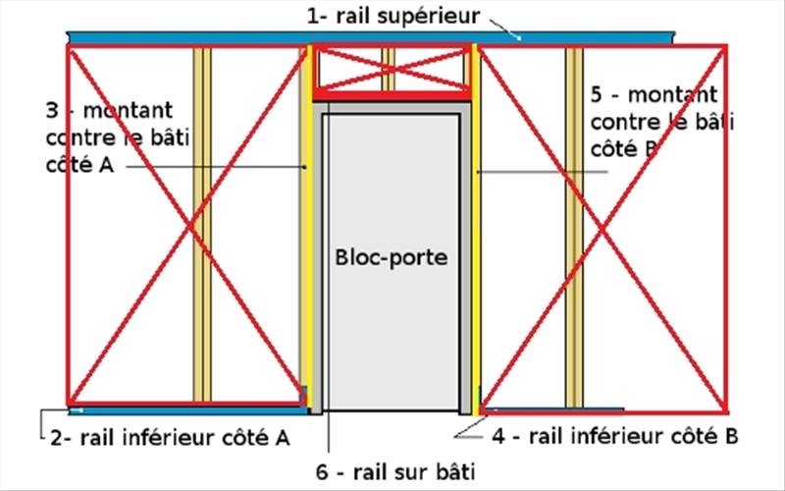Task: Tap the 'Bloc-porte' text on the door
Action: click(391, 259)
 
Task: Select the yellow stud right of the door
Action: click(474, 245)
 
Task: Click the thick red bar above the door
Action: click(392, 96)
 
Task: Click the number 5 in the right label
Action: click(598, 95)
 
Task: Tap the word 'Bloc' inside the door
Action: click(359, 259)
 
